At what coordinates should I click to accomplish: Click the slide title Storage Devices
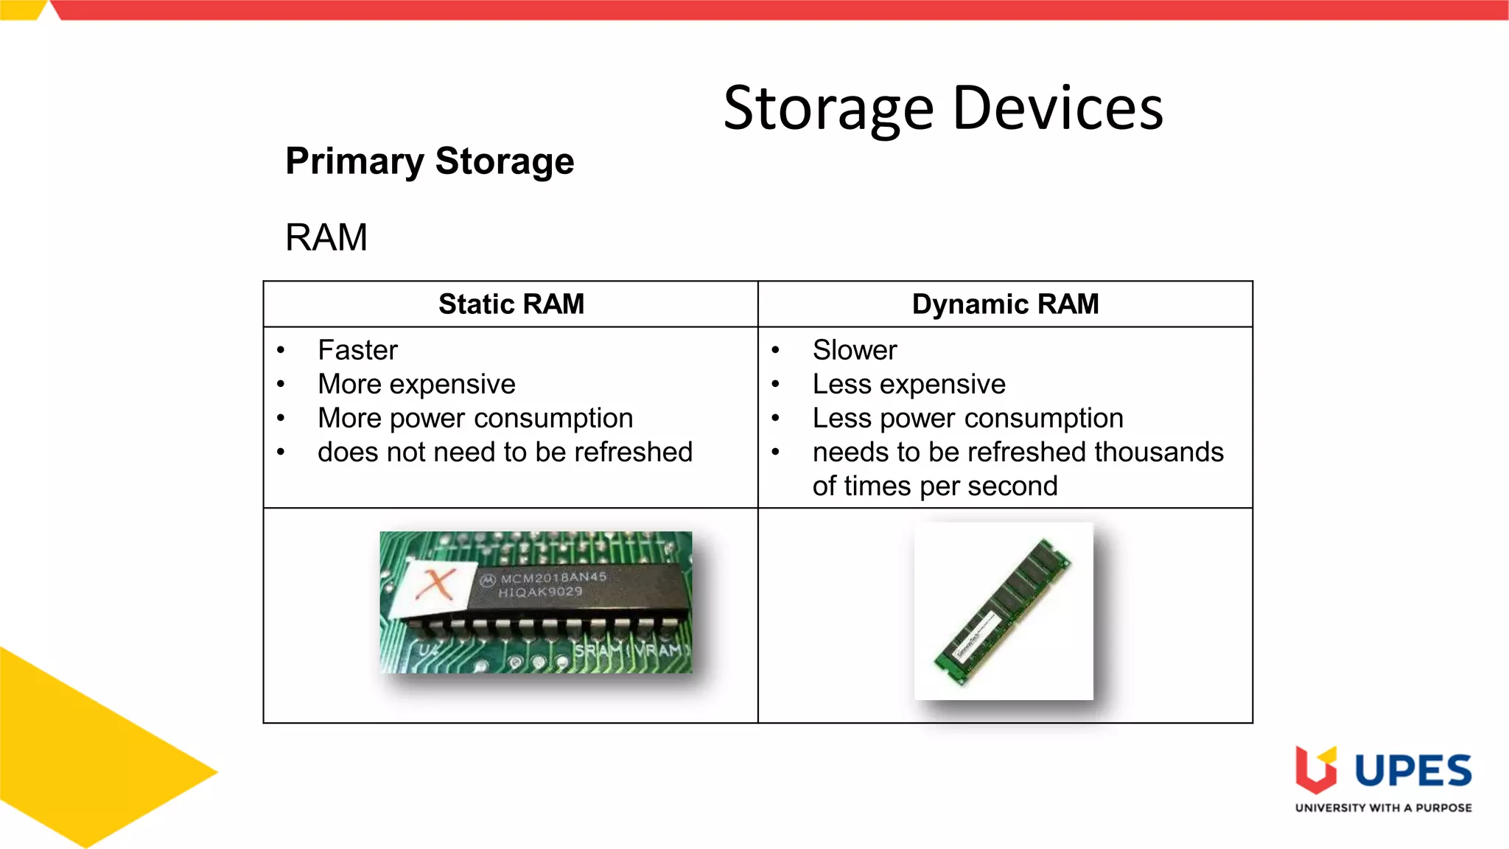tap(942, 108)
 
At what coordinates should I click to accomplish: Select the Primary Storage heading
tap(430, 161)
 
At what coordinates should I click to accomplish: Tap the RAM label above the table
tap(326, 237)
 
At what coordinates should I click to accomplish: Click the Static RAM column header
tap(511, 304)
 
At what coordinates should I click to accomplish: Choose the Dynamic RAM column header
tap(1005, 304)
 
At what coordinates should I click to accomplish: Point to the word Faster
tap(357, 350)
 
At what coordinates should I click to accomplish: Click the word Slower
tap(854, 350)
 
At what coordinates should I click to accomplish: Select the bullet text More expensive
tap(416, 384)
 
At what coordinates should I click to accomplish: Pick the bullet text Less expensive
tap(908, 384)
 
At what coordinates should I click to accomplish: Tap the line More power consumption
tap(475, 418)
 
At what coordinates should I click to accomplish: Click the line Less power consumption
tap(967, 418)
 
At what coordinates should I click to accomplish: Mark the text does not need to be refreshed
tap(505, 452)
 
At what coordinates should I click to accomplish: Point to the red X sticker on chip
tap(435, 585)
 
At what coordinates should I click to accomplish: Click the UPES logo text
tap(1412, 771)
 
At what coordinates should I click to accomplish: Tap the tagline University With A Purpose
tap(1383, 808)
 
